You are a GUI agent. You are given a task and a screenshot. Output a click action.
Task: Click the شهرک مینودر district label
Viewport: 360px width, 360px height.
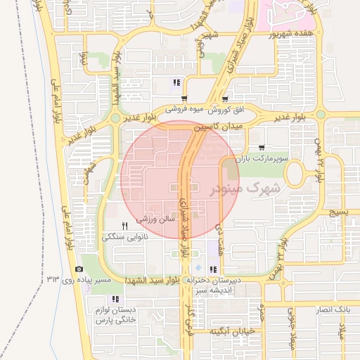tap(245, 188)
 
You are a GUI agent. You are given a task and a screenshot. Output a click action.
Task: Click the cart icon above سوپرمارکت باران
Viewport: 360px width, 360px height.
tap(262, 148)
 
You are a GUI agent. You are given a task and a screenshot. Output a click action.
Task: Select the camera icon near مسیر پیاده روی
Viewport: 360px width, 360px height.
tap(79, 269)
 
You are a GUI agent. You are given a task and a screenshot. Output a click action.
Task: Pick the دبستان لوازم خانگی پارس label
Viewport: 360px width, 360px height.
tap(115, 315)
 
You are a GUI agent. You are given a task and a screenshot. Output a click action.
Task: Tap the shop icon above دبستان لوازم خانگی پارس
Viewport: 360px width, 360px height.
tap(115, 299)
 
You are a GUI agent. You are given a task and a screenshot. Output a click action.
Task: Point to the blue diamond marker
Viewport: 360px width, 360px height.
tap(198, 269)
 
